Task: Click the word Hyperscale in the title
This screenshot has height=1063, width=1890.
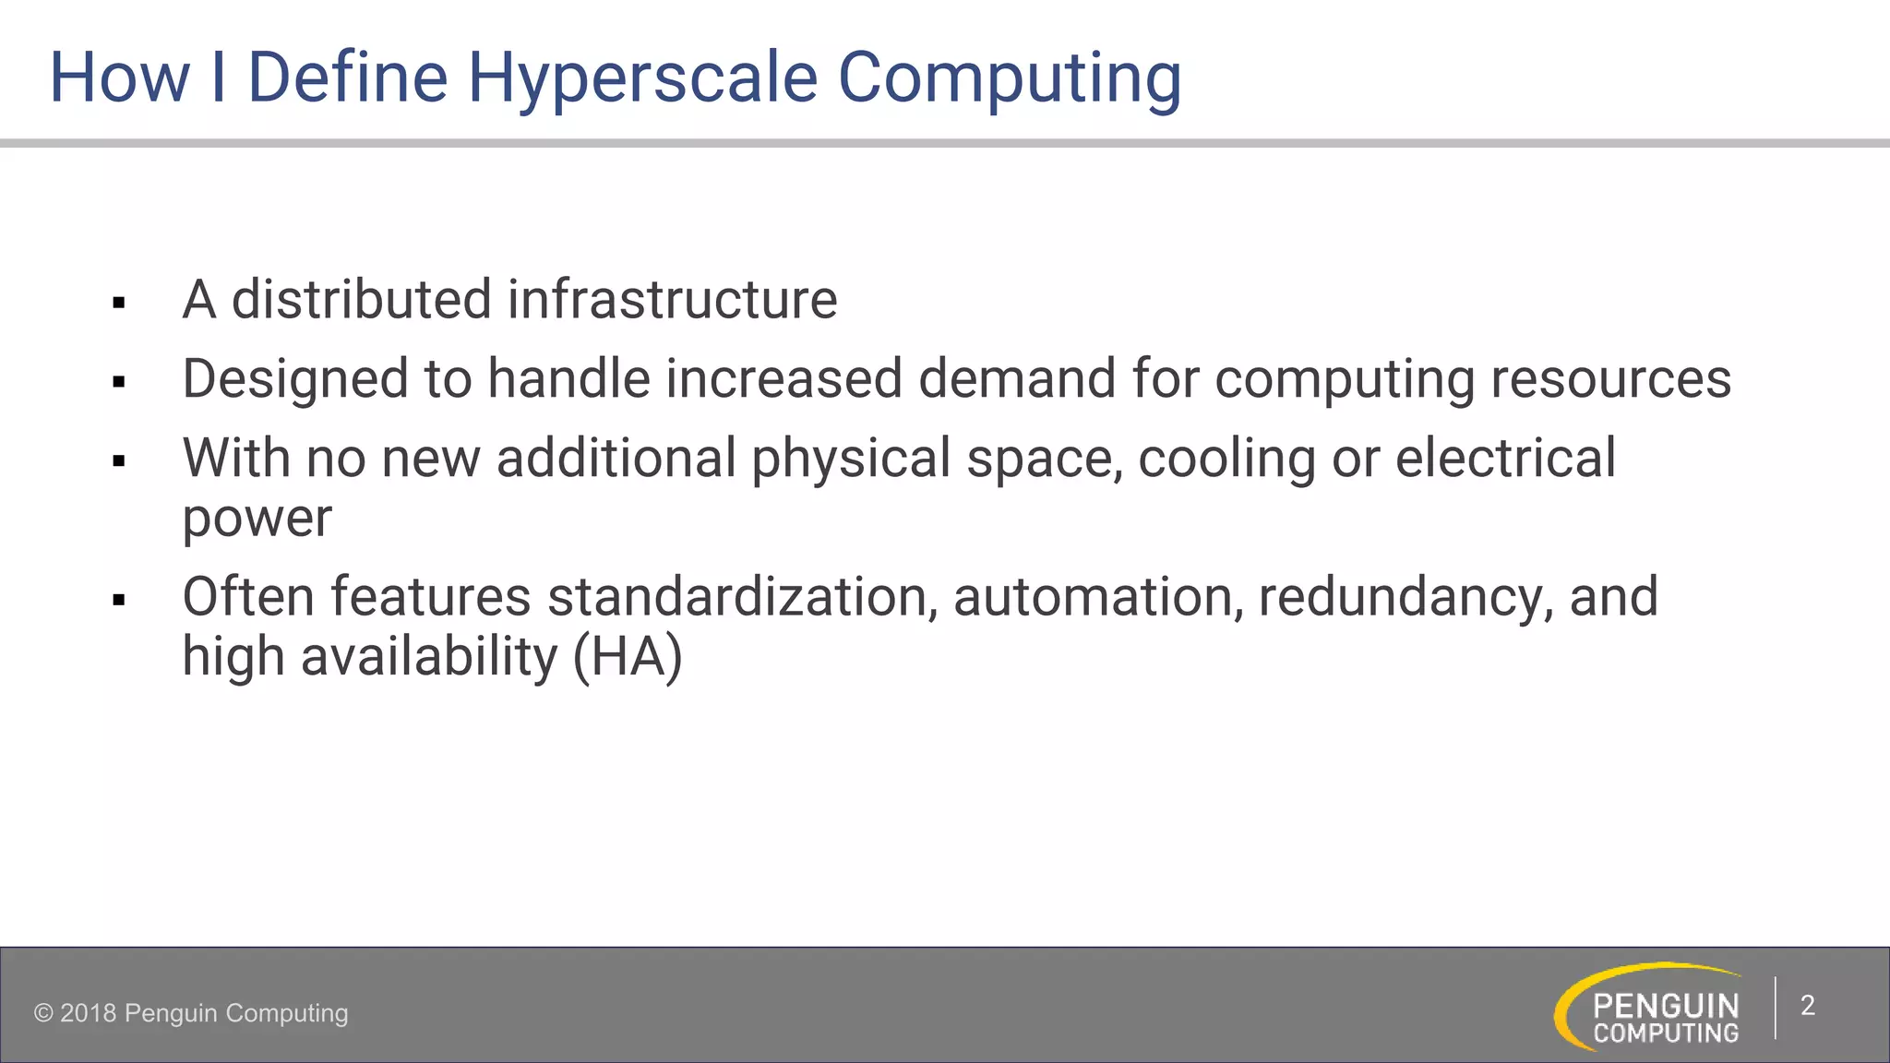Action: pyautogui.click(x=642, y=78)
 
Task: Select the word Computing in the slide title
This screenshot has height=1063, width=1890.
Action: pyautogui.click(x=1010, y=78)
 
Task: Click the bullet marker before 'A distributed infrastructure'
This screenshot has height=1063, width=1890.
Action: pyautogui.click(x=118, y=303)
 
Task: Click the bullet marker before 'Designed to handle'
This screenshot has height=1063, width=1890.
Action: pyautogui.click(x=118, y=382)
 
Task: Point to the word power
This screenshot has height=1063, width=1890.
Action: pyautogui.click(x=257, y=519)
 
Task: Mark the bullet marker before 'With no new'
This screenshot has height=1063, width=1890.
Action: pyautogui.click(x=118, y=461)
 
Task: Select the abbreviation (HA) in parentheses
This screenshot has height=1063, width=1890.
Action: pyautogui.click(x=628, y=657)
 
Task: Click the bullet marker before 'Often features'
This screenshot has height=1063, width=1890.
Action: pyautogui.click(x=118, y=601)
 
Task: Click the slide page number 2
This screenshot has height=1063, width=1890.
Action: pyautogui.click(x=1807, y=1006)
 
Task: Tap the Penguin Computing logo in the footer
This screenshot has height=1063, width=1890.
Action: pyautogui.click(x=1652, y=1008)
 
